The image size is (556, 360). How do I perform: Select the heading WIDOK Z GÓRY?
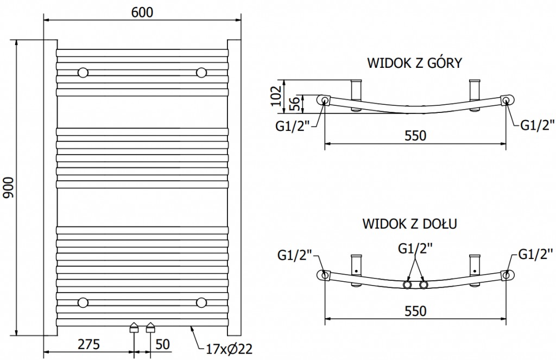pos(414,63)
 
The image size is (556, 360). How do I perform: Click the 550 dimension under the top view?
pos(415,135)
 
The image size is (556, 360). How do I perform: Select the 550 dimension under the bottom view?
pos(415,311)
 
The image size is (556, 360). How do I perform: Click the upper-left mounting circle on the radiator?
pos(83,73)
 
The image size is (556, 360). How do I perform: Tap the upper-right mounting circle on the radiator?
pos(201,73)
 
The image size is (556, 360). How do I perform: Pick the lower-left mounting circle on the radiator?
pos(83,302)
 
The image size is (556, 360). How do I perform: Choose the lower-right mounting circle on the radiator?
pos(201,302)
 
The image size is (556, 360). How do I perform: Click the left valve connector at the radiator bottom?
pos(134,327)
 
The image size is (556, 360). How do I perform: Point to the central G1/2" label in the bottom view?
pos(415,249)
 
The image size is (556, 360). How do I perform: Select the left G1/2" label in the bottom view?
pos(294,254)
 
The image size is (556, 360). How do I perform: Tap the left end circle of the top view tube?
pos(324,100)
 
